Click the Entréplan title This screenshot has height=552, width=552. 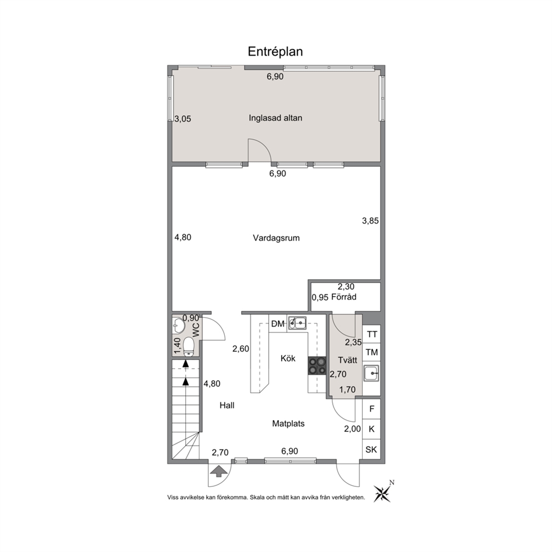[275, 52]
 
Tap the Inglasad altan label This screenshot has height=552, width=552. [275, 118]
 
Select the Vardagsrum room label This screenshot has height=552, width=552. [277, 238]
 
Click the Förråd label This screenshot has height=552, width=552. [344, 297]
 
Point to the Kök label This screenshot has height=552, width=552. [288, 358]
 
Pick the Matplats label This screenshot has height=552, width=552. [288, 423]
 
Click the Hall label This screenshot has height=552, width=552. [227, 405]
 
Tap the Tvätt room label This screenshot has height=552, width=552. [347, 360]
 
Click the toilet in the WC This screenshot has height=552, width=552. [189, 347]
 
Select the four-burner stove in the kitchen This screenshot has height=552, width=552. [317, 366]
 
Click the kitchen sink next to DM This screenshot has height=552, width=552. [297, 323]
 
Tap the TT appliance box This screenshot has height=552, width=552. [372, 334]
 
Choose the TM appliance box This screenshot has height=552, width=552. [372, 352]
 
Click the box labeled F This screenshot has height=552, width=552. [371, 409]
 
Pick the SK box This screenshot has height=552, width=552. [371, 449]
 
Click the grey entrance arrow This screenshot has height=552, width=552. [219, 471]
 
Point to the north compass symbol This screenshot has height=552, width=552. [382, 491]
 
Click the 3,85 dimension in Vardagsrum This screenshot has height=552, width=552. [371, 221]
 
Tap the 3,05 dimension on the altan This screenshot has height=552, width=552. [183, 119]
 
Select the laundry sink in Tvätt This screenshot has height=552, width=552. [371, 373]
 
